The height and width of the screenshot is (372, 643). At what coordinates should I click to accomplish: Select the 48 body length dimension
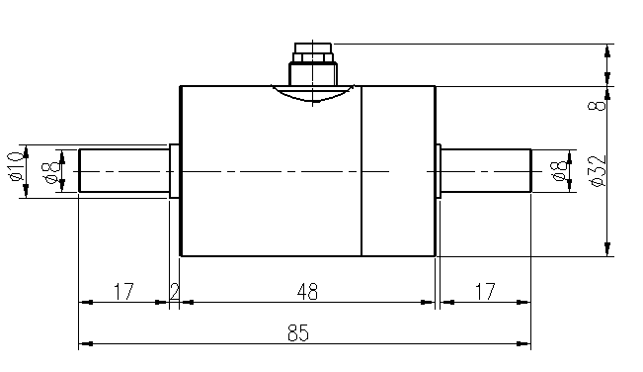pyautogui.click(x=308, y=292)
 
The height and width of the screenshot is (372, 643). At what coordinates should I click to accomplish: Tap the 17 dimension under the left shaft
pyautogui.click(x=123, y=292)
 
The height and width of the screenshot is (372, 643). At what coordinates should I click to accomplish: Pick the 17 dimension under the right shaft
pyautogui.click(x=485, y=292)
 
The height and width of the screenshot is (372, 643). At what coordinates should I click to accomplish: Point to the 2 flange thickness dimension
pyautogui.click(x=175, y=292)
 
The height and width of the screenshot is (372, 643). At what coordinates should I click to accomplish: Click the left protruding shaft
pyautogui.click(x=123, y=171)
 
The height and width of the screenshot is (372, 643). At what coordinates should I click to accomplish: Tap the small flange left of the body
pyautogui.click(x=175, y=171)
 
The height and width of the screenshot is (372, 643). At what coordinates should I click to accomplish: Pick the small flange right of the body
pyautogui.click(x=439, y=171)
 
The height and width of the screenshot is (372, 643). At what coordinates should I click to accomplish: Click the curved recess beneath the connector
pyautogui.click(x=311, y=94)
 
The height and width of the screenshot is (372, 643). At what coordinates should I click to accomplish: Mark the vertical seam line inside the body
pyautogui.click(x=362, y=198)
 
